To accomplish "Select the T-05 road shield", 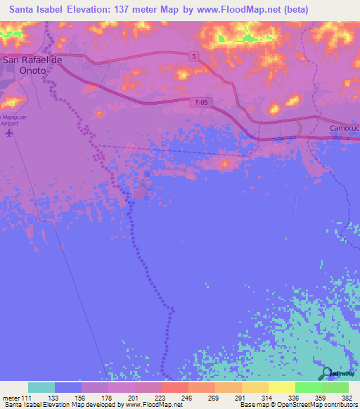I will [200, 103].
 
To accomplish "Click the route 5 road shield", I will [193, 55].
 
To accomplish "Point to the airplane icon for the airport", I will [8, 133].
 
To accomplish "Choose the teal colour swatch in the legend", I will [41, 387].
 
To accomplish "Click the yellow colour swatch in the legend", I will [281, 387].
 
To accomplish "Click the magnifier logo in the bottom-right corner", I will [326, 373].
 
